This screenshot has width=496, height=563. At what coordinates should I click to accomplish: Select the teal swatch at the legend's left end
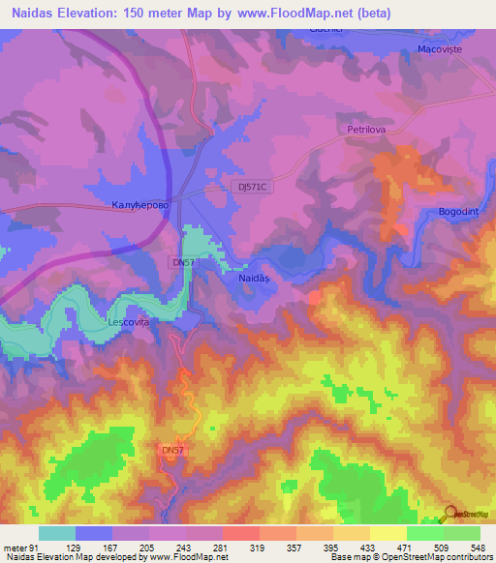[56, 533]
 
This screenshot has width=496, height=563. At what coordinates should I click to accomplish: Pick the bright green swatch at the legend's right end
[462, 533]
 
